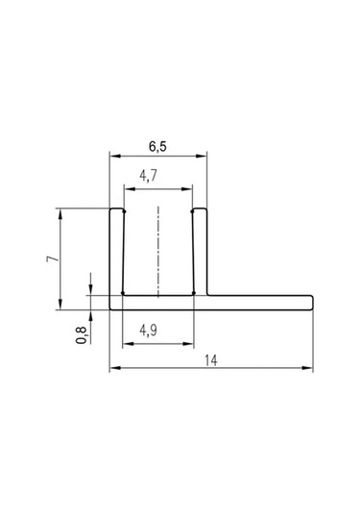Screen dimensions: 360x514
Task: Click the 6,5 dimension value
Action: coord(157,146)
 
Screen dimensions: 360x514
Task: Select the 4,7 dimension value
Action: coord(149,176)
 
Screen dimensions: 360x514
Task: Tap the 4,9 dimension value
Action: coord(149,330)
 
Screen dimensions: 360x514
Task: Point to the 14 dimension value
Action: coord(211,360)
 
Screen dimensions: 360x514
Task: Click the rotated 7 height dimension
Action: coord(53,258)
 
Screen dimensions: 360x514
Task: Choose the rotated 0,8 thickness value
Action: coord(82,335)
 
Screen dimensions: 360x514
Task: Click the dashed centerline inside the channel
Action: coord(158,252)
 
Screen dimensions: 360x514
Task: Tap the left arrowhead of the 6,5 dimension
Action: coord(115,156)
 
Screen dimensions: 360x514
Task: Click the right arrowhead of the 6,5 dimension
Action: coord(202,156)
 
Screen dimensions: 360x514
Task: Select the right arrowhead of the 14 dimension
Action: coord(307,368)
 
